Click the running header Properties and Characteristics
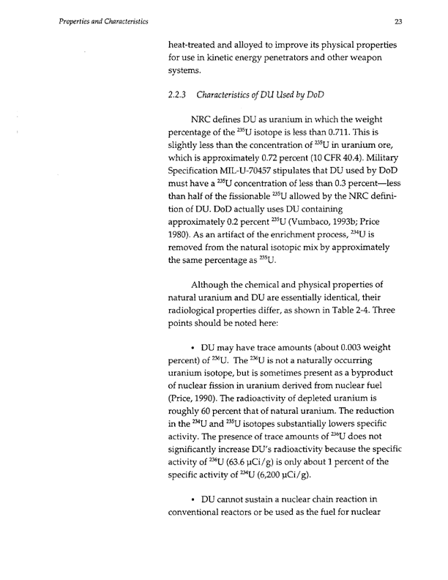click(x=100, y=22)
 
